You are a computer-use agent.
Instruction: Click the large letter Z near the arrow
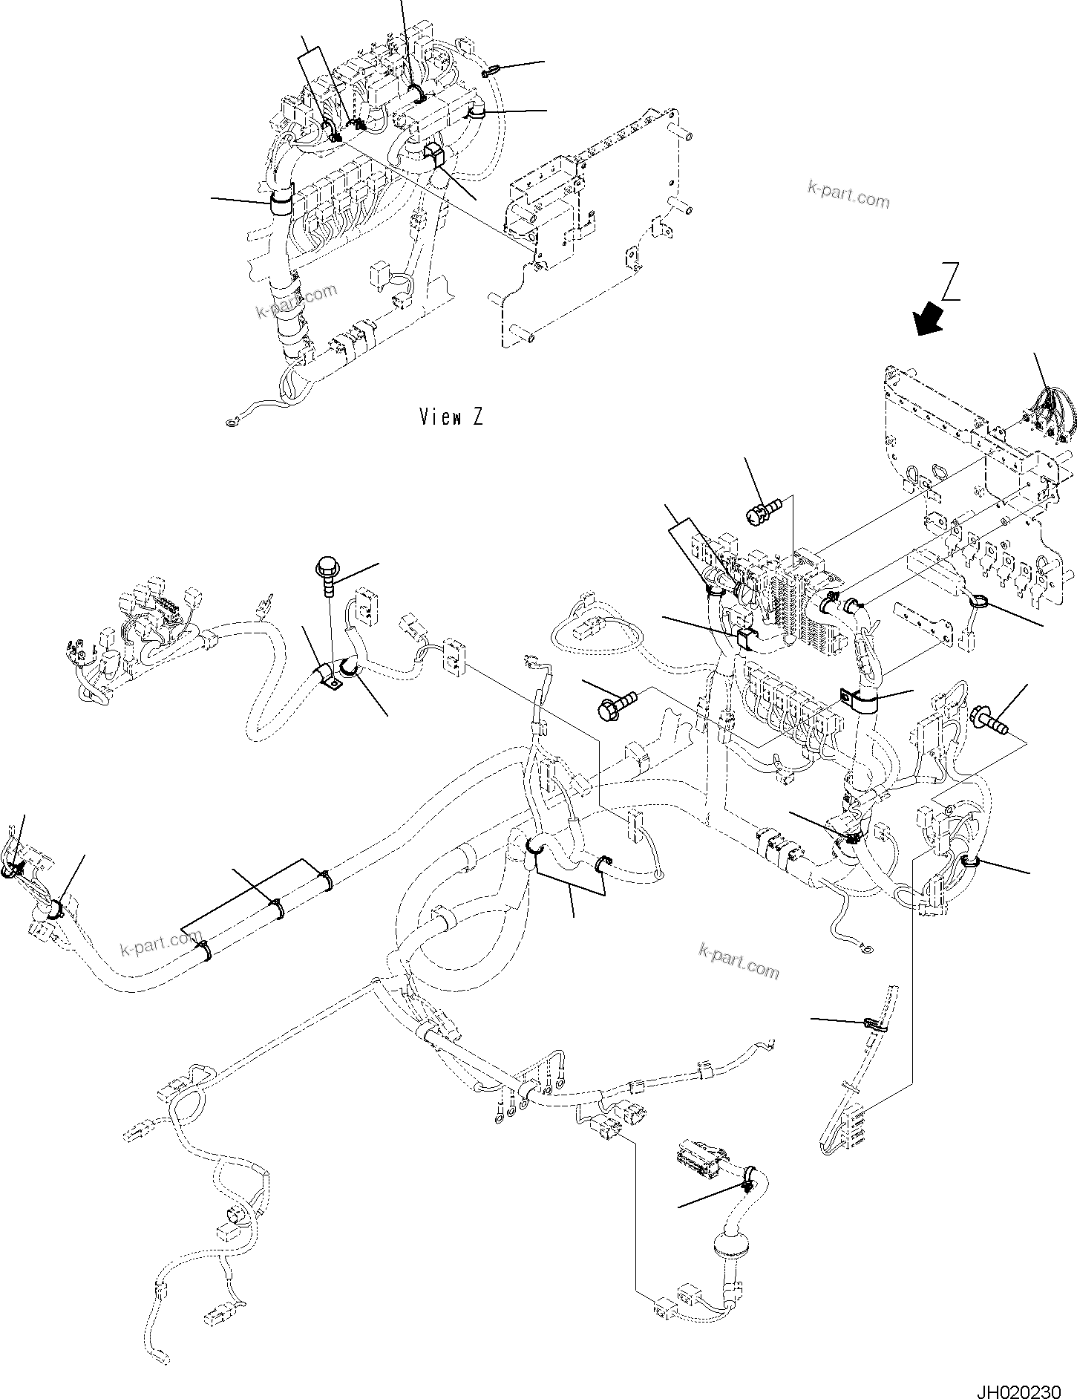click(952, 281)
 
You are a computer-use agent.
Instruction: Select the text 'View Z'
click(451, 417)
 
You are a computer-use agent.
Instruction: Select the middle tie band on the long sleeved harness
click(278, 908)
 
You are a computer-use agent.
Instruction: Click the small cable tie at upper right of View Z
click(489, 71)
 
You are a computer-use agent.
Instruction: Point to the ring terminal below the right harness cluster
click(865, 947)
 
